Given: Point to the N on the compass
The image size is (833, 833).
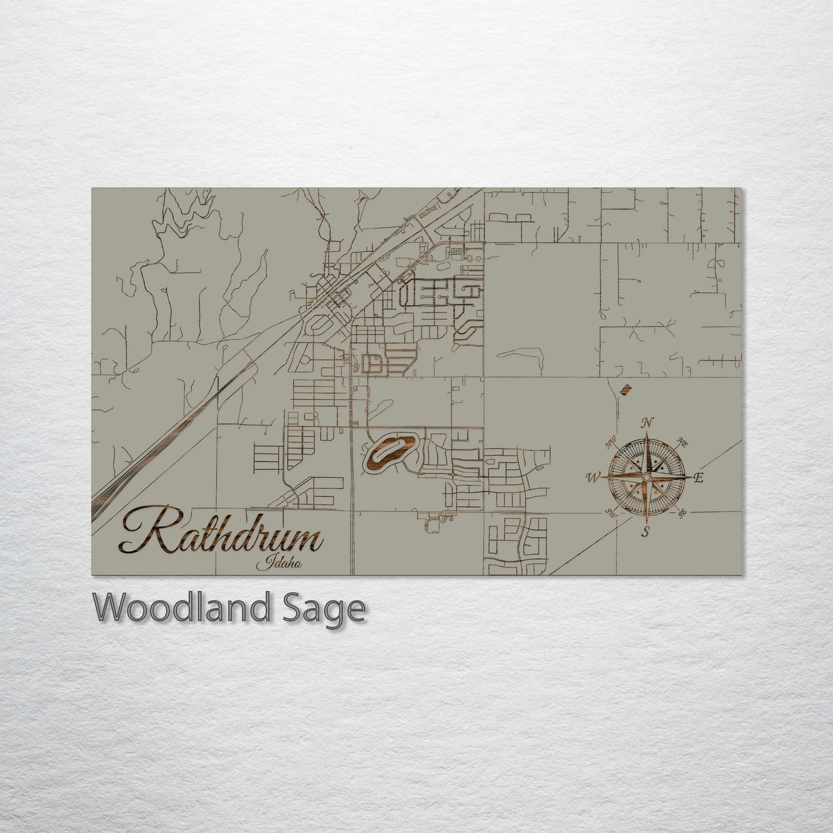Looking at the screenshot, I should point(647,423).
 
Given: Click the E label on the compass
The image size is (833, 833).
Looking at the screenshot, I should point(699,477).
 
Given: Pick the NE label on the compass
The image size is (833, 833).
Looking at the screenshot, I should point(684,443).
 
